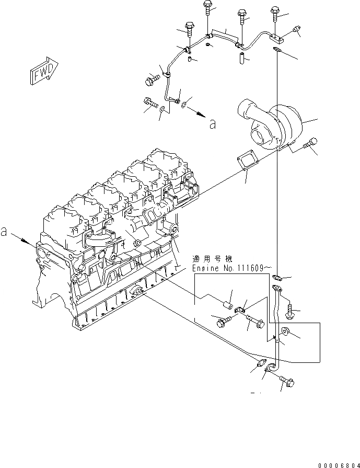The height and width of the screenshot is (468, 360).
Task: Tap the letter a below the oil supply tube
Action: click(x=212, y=124)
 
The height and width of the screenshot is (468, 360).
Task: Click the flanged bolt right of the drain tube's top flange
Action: click(x=291, y=312)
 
